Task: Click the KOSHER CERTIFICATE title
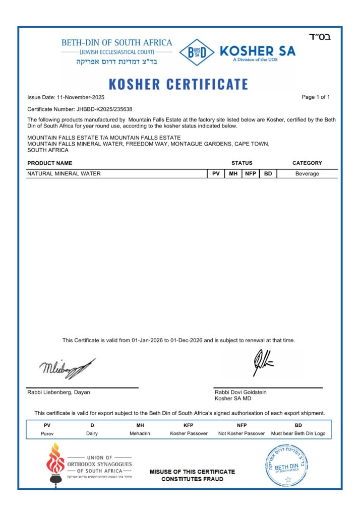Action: pos(178,84)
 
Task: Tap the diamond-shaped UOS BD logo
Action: pos(196,52)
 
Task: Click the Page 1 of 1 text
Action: pos(316,97)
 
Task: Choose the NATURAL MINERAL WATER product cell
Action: pos(64,174)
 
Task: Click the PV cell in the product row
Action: pos(215,174)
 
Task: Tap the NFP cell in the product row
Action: pos(250,174)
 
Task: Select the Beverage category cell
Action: pos(307,174)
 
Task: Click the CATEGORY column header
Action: pos(307,163)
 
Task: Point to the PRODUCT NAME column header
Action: pos(50,163)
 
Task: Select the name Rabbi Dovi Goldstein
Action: pos(241,392)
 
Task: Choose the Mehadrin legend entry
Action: pos(140,433)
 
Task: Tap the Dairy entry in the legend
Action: pos(92,433)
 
